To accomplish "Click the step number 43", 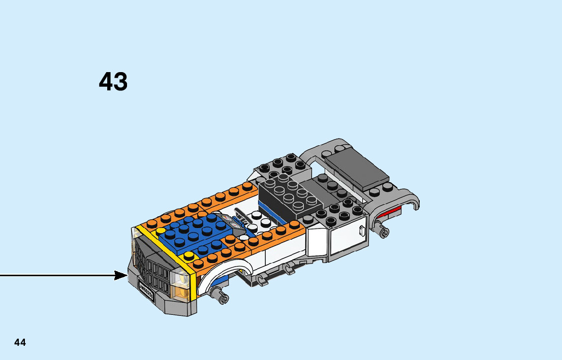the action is [x=113, y=81].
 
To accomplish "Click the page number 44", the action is [x=20, y=342].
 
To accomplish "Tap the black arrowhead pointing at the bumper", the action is [x=121, y=276].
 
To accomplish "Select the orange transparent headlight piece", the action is [x=181, y=292].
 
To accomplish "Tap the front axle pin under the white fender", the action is [x=221, y=295].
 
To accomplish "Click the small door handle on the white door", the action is [x=362, y=231].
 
